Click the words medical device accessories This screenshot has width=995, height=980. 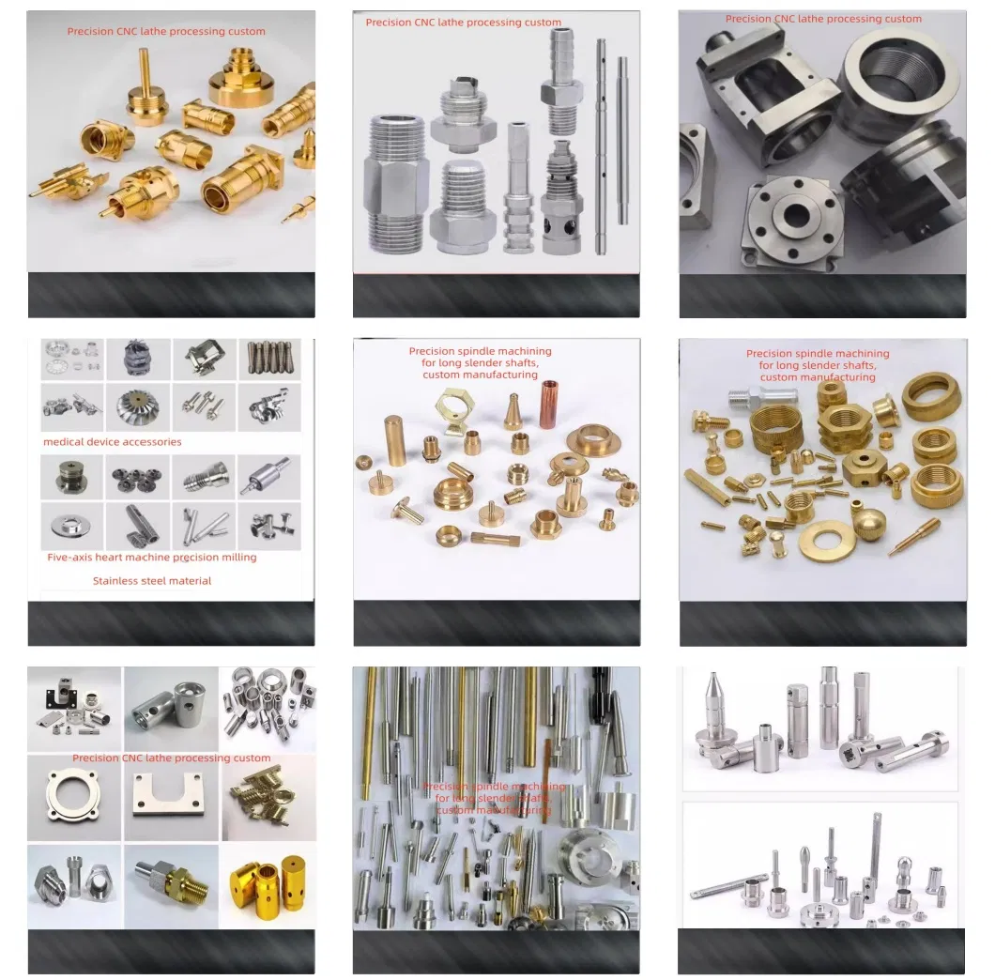113,442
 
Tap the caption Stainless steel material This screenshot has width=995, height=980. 152,581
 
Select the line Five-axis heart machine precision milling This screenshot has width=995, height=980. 152,558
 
